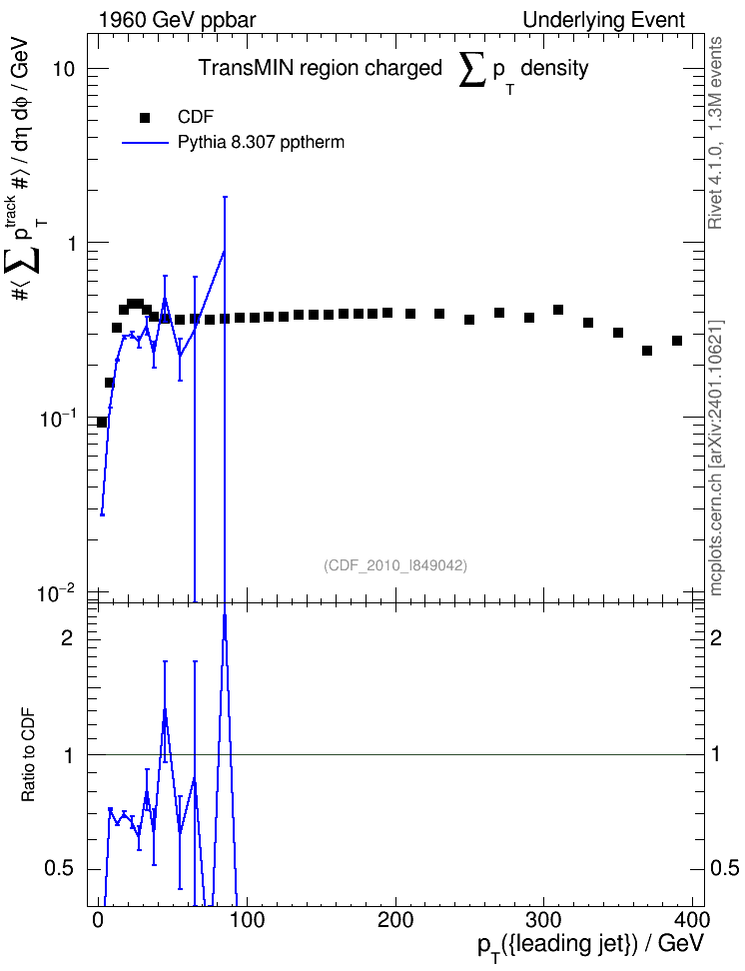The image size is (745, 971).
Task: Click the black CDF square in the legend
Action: pyautogui.click(x=144, y=118)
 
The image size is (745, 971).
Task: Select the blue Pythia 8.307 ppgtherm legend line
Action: pyautogui.click(x=145, y=143)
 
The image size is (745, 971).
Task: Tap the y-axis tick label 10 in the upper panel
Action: pyautogui.click(x=63, y=69)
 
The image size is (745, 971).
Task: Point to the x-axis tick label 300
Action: pyautogui.click(x=542, y=919)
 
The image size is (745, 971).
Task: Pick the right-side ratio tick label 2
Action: pyautogui.click(x=716, y=637)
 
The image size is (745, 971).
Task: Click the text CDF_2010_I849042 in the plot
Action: pyautogui.click(x=395, y=565)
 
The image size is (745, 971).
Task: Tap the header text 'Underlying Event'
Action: pyautogui.click(x=604, y=20)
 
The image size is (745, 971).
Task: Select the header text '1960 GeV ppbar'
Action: pyautogui.click(x=177, y=20)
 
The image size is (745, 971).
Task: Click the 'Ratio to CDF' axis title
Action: pyautogui.click(x=28, y=755)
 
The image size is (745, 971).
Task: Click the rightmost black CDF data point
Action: pyautogui.click(x=677, y=342)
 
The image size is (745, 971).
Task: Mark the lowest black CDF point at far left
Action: pyautogui.click(x=102, y=423)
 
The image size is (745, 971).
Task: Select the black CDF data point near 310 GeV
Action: pyautogui.click(x=558, y=310)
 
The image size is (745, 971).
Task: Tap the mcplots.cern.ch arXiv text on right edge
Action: pyautogui.click(x=716, y=459)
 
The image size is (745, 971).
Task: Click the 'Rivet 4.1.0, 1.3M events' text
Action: pyautogui.click(x=716, y=133)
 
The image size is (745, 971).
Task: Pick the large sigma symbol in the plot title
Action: pyautogui.click(x=473, y=70)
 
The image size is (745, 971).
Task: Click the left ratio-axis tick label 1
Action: pyautogui.click(x=68, y=755)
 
